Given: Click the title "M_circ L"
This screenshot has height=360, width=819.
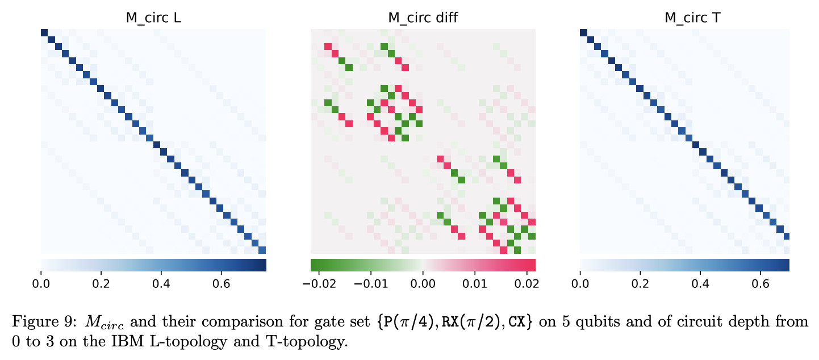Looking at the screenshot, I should click(153, 18).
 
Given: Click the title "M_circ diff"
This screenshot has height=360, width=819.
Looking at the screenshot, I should click(423, 18).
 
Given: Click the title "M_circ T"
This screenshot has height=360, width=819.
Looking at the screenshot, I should click(684, 18).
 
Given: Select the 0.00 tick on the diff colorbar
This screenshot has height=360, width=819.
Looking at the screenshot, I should click(423, 282).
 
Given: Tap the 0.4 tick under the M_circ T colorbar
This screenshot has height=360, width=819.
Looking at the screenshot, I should click(701, 282).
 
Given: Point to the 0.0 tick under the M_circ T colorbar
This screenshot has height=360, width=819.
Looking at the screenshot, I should click(580, 282).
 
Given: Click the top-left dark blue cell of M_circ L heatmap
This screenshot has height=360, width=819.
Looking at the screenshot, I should click(44, 32).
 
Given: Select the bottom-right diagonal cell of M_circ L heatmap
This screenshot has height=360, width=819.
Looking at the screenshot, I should click(262, 250).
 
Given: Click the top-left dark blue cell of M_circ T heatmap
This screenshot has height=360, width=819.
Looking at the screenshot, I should click(583, 32).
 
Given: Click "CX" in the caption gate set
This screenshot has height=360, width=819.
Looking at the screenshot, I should click(516, 323).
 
